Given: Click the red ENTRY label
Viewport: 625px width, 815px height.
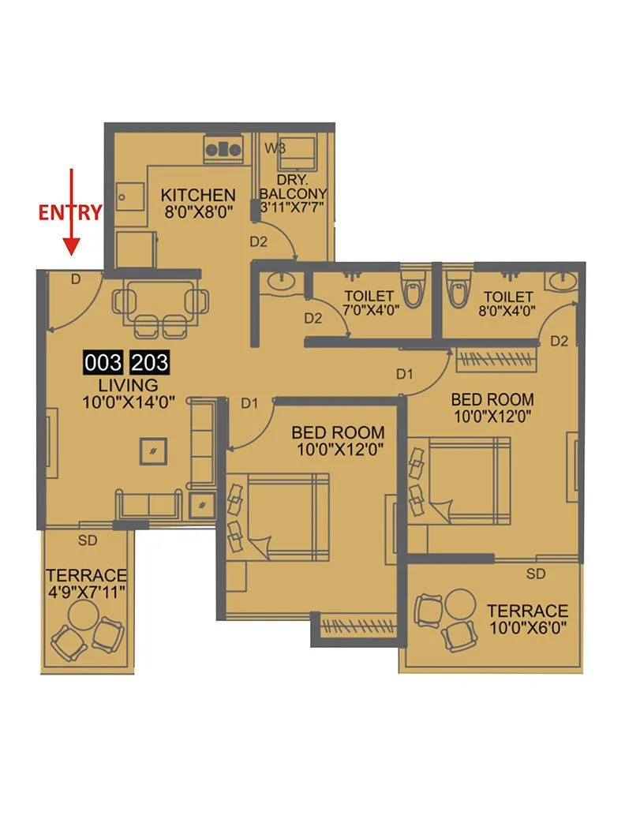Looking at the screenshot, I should pyautogui.click(x=70, y=211).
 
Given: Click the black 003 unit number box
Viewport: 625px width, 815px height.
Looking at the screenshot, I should pyautogui.click(x=104, y=364).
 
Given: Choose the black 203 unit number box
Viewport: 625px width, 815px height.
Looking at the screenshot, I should pyautogui.click(x=149, y=364).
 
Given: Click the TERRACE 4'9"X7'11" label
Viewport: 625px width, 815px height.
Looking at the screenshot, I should pyautogui.click(x=86, y=582).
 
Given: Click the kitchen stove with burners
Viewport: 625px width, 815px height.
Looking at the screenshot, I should pyautogui.click(x=223, y=147).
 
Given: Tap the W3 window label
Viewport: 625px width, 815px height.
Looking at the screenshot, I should pyautogui.click(x=275, y=148).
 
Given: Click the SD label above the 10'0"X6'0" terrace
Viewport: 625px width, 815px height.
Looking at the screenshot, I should pyautogui.click(x=536, y=574).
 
